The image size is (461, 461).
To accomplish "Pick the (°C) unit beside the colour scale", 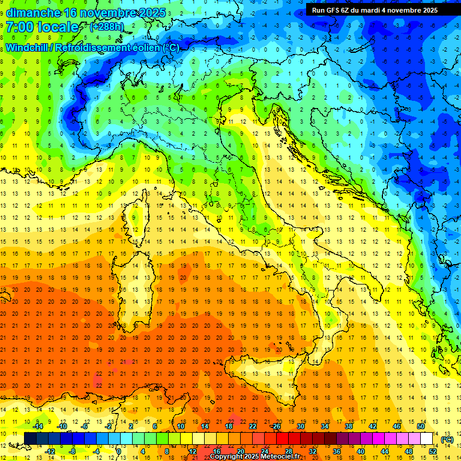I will [447, 439].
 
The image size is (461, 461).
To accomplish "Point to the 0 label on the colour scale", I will [119, 451].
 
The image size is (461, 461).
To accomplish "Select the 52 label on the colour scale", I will [433, 451].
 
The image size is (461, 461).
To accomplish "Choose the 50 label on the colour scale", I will [421, 426].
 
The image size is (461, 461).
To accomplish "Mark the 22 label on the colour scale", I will [253, 426].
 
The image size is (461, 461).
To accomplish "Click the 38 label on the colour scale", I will [349, 426].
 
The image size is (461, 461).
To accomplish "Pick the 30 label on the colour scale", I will [301, 426].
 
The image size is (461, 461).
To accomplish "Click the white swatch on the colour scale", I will [427, 439].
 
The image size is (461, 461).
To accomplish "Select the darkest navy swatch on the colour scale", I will [30, 439].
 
